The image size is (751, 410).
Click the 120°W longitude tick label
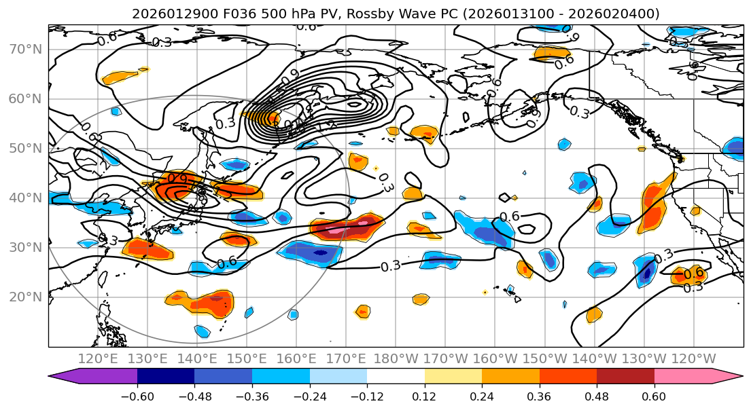click(x=693, y=358)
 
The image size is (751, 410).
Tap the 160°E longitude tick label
click(x=296, y=358)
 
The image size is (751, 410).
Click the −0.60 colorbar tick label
click(x=137, y=396)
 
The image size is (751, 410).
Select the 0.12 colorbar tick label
click(x=425, y=396)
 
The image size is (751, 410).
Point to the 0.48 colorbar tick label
click(x=597, y=396)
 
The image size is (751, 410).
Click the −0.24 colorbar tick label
click(x=310, y=396)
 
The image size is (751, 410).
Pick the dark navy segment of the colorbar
click(x=166, y=377)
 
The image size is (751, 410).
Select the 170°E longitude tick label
click(x=346, y=358)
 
